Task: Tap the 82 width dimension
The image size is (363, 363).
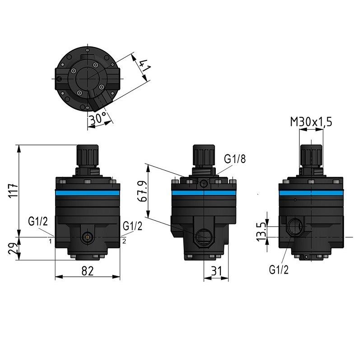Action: coord(88,271)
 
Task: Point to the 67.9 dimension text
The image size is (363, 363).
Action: coord(144,191)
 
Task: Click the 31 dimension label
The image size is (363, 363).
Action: coord(216,271)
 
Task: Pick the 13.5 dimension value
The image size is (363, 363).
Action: coord(261,232)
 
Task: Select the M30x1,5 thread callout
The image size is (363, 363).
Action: coord(311,122)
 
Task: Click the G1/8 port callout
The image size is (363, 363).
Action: coord(235,159)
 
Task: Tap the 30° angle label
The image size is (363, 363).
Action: coord(98,119)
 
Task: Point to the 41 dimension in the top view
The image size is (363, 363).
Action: coord(145,65)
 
